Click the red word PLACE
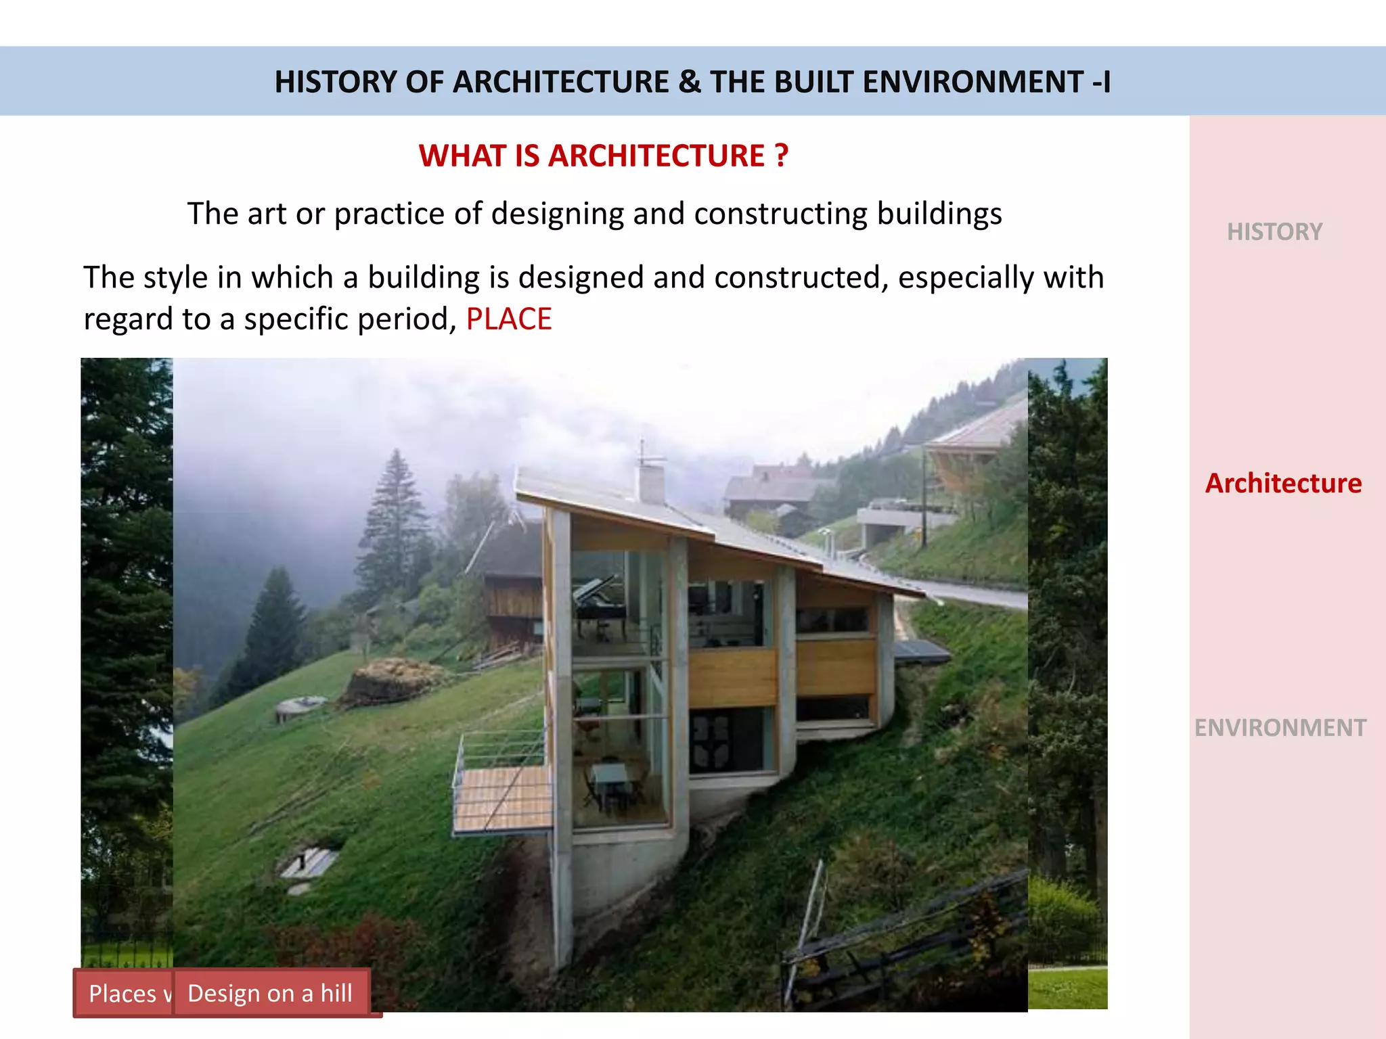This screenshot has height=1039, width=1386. pos(509,319)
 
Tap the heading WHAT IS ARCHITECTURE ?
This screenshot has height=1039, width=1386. pos(603,156)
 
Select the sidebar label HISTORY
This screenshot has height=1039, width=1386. pos(1274,232)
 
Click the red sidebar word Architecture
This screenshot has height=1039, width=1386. pos(1283,484)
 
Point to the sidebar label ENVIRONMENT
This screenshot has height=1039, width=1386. pos(1280,728)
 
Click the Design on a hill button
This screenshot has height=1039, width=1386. pos(270,993)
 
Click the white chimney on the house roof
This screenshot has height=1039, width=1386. pos(650,482)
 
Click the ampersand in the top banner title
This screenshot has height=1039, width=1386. pos(689,82)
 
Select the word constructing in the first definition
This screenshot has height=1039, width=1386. pos(780,214)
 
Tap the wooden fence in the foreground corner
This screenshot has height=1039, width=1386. pos(907,940)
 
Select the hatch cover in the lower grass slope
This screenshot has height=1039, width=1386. pos(308,862)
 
